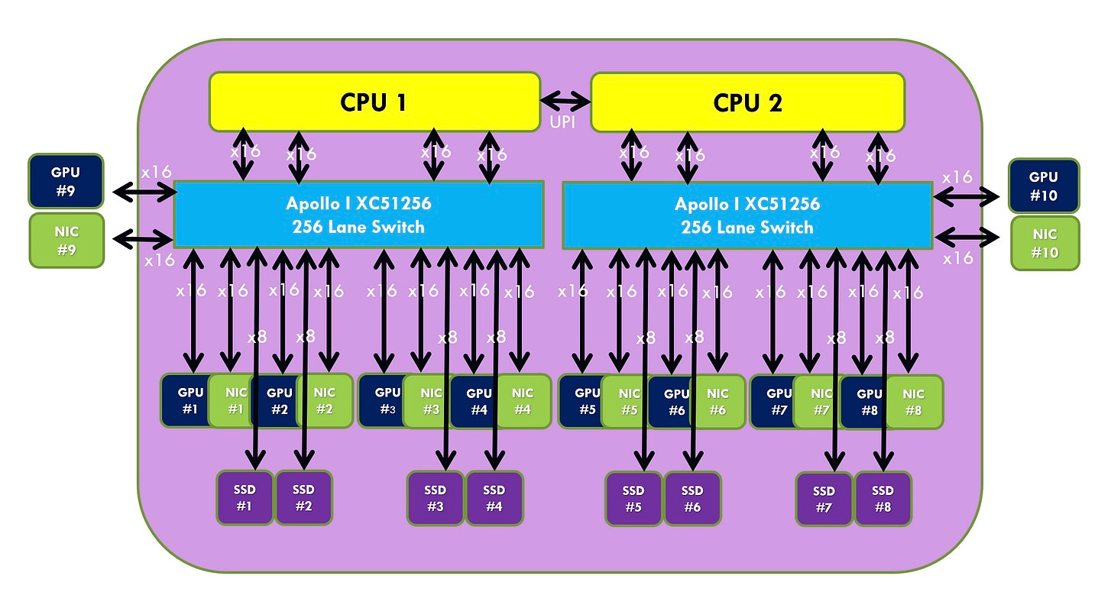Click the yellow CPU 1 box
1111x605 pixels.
(374, 102)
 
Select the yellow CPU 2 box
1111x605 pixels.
(747, 102)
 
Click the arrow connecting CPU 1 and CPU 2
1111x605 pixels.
(565, 100)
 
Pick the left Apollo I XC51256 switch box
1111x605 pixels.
(358, 215)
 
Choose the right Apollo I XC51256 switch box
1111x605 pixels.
(747, 215)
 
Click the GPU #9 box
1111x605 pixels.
(66, 182)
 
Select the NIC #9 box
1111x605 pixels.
(66, 240)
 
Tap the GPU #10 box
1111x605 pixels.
(1043, 186)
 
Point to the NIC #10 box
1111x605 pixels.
(1045, 243)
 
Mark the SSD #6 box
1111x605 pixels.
(692, 499)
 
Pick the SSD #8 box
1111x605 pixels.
(883, 499)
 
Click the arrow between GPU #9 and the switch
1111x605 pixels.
(144, 192)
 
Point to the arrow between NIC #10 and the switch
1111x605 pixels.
(967, 236)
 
